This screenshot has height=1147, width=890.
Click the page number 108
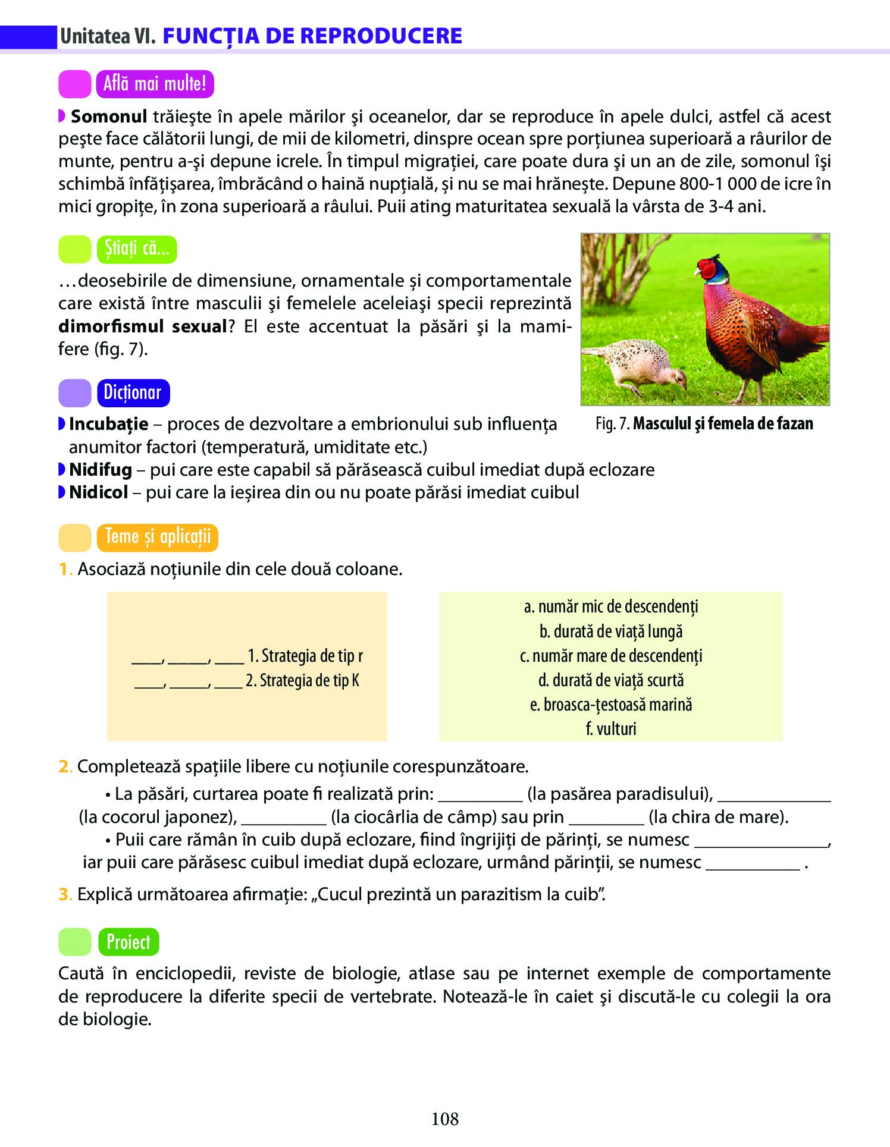point(444,1118)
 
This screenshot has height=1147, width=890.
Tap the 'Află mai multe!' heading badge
point(155,84)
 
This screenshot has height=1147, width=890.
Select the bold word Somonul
point(108,117)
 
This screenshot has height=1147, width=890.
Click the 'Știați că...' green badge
point(137,249)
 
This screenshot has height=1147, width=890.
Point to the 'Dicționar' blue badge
point(133,393)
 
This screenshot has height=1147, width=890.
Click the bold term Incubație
point(108,424)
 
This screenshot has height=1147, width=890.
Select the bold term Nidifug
point(101,470)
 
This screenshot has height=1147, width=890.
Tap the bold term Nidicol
point(98,492)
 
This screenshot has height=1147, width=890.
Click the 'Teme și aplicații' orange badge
point(158,537)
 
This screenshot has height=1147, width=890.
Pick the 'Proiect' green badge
point(129,942)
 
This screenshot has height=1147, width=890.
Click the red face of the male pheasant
point(707,269)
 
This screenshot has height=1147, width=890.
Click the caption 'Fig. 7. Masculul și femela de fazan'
point(704,423)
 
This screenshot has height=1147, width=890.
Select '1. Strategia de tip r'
point(305,656)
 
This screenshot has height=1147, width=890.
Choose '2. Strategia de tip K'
point(303,680)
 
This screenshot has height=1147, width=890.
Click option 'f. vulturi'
point(611,729)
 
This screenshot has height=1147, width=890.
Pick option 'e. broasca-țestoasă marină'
point(611,705)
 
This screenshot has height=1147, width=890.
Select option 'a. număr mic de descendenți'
point(611,607)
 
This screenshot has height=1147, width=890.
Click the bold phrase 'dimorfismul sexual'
point(143,326)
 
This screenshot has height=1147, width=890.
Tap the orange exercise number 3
point(64,894)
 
